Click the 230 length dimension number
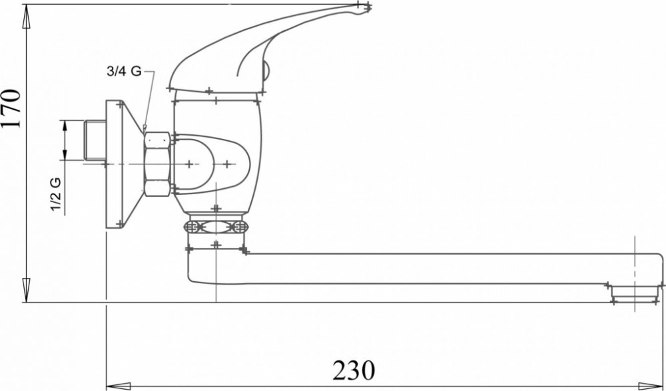click(354, 370)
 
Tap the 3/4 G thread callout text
click(124, 71)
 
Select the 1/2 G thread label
click(56, 194)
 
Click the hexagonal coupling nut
click(157, 164)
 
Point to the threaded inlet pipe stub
click(95, 140)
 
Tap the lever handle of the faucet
click(259, 47)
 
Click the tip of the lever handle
click(369, 7)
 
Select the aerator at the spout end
click(635, 294)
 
